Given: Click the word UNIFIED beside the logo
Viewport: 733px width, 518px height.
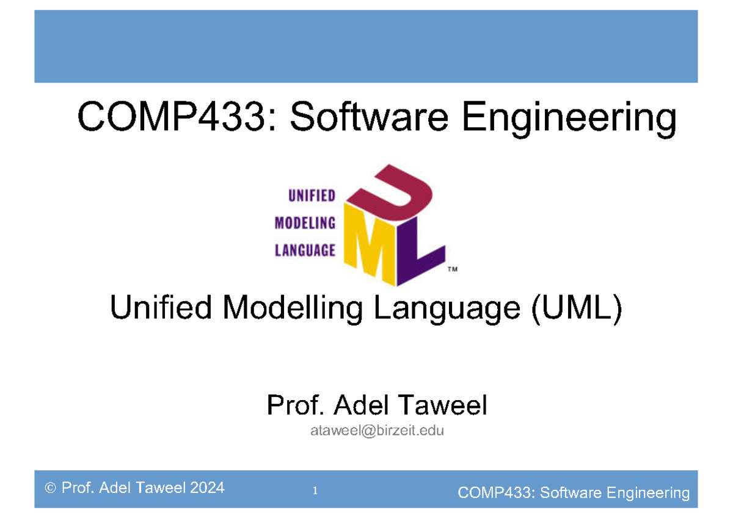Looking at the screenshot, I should coord(312,196).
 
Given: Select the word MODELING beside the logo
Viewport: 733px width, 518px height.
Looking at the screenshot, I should coord(305,223).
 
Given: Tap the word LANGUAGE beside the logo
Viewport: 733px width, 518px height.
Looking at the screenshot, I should coord(305,250).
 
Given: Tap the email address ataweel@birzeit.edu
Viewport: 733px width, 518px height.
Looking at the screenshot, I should coord(377,431).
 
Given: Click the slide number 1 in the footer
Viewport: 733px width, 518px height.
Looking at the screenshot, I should coord(315,491).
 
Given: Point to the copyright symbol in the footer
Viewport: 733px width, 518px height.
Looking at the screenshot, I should coord(49,489).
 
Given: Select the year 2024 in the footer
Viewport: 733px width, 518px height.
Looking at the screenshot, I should coord(206,488).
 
